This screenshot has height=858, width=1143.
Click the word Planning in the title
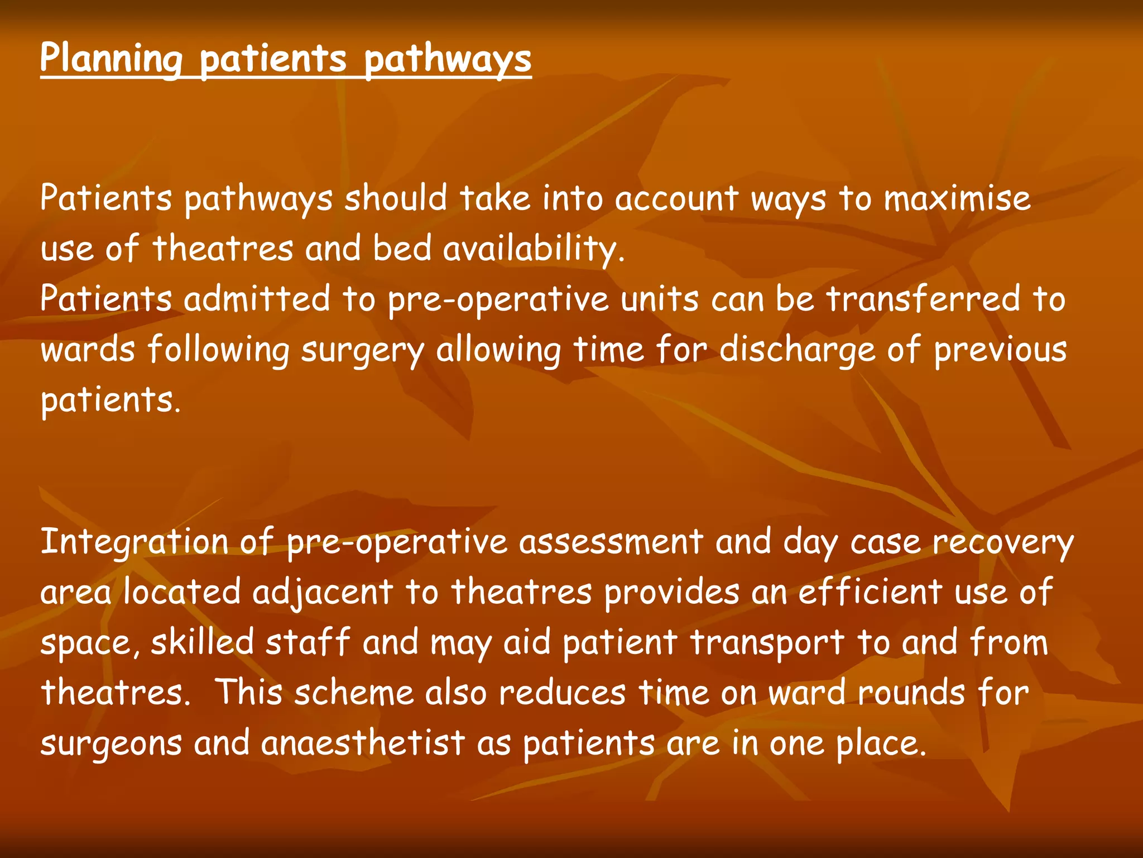(x=111, y=59)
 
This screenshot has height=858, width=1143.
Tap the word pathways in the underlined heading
(x=448, y=59)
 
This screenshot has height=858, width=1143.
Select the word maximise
(x=957, y=199)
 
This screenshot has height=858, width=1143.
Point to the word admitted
(x=257, y=299)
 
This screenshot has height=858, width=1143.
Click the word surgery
(x=363, y=351)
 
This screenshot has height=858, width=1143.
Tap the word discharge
(x=797, y=351)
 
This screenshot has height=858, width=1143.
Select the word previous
(x=1000, y=351)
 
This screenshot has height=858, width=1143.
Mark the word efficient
(x=870, y=592)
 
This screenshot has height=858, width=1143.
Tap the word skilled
(x=202, y=642)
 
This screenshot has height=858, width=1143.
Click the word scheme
(x=354, y=693)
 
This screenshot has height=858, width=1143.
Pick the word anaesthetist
(x=363, y=743)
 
